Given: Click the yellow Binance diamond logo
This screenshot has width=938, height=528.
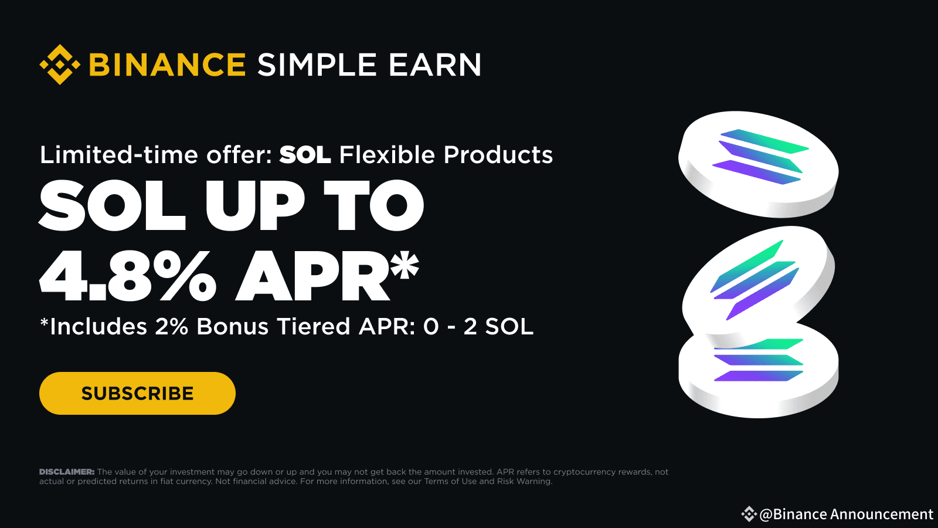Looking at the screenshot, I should tap(60, 65).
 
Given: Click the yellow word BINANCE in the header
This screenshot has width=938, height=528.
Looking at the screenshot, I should tap(167, 65).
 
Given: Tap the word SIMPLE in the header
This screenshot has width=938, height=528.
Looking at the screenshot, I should tap(317, 65).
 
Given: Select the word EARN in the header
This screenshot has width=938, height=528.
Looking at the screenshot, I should tap(434, 65).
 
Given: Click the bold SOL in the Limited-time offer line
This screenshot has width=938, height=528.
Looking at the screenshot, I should tap(305, 155).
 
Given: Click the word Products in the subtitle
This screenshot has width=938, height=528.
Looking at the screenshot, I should tap(498, 155).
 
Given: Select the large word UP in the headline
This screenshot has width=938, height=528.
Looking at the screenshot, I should tap(254, 205).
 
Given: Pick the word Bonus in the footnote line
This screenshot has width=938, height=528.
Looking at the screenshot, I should tap(232, 327).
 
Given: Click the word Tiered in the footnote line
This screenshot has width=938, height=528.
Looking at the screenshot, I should tap(313, 327).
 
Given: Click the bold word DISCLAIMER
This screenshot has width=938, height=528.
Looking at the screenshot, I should tap(66, 472).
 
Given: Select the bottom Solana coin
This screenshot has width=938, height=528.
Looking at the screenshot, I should tap(759, 375).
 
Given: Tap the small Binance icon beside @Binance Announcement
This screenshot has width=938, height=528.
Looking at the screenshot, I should tap(749, 515).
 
